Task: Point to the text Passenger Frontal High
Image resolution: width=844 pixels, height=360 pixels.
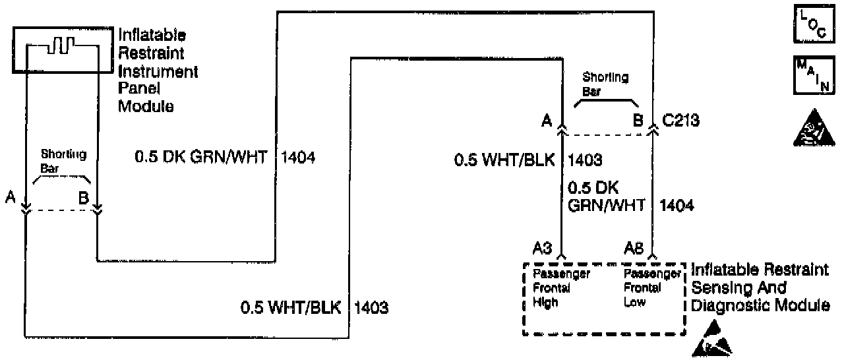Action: [x=553, y=288]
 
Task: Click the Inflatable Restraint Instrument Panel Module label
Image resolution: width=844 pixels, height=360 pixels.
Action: [x=158, y=71]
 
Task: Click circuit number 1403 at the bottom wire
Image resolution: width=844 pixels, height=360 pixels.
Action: [x=371, y=307]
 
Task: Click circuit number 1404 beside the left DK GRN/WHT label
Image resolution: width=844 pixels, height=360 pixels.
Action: [x=298, y=158]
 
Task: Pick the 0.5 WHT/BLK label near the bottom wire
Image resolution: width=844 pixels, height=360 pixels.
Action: [x=291, y=307]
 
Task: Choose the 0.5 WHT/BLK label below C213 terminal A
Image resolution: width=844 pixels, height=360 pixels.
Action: [x=504, y=160]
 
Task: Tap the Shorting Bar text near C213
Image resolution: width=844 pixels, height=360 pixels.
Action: [x=605, y=84]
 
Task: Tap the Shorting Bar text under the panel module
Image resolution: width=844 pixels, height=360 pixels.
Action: [x=64, y=160]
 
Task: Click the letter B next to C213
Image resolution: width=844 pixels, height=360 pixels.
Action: [x=638, y=121]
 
